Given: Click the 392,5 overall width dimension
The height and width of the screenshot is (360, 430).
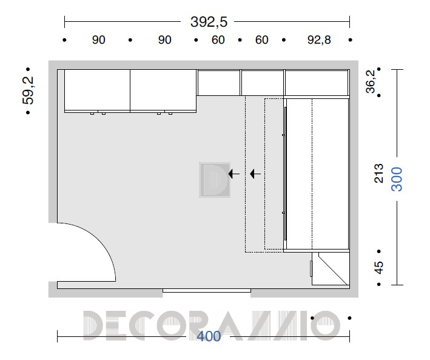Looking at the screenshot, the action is coord(209,22).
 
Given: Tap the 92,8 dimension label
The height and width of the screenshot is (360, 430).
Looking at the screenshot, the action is coord(319,40).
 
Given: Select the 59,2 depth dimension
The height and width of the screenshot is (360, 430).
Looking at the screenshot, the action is coord(28,90).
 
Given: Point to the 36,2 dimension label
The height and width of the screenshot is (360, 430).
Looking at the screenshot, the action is coord(371,81).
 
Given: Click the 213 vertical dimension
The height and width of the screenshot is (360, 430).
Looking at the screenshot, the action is coord(378,173).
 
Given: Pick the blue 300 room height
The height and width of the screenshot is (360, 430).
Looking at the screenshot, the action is coord(397,179).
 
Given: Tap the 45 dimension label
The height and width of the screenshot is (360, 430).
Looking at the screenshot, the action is coord(378,268).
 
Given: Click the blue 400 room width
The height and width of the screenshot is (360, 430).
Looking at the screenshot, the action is coord(209,336).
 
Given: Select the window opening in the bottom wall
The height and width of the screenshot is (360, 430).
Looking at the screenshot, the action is coord(206,291).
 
